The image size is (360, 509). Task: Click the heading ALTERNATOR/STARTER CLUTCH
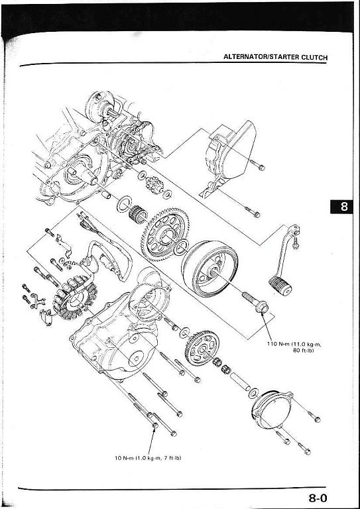[x=275, y=58]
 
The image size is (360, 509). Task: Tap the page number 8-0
[x=318, y=498]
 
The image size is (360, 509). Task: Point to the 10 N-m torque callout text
[x=148, y=458]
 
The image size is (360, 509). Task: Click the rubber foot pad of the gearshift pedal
[x=280, y=286]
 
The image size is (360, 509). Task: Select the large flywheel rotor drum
[x=210, y=269]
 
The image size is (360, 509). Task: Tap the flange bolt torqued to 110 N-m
[x=255, y=302]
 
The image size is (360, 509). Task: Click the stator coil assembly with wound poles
[x=75, y=298]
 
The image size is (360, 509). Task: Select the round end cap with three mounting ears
[x=272, y=408]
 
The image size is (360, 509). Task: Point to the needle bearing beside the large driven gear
[x=138, y=214]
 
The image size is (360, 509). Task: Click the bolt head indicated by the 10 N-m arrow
[x=155, y=425]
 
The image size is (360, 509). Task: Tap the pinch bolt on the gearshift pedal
[x=296, y=243]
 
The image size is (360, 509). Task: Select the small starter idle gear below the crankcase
[x=154, y=185]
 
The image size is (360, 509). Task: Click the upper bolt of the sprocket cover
[x=257, y=165]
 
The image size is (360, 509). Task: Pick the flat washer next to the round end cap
[x=253, y=393]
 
